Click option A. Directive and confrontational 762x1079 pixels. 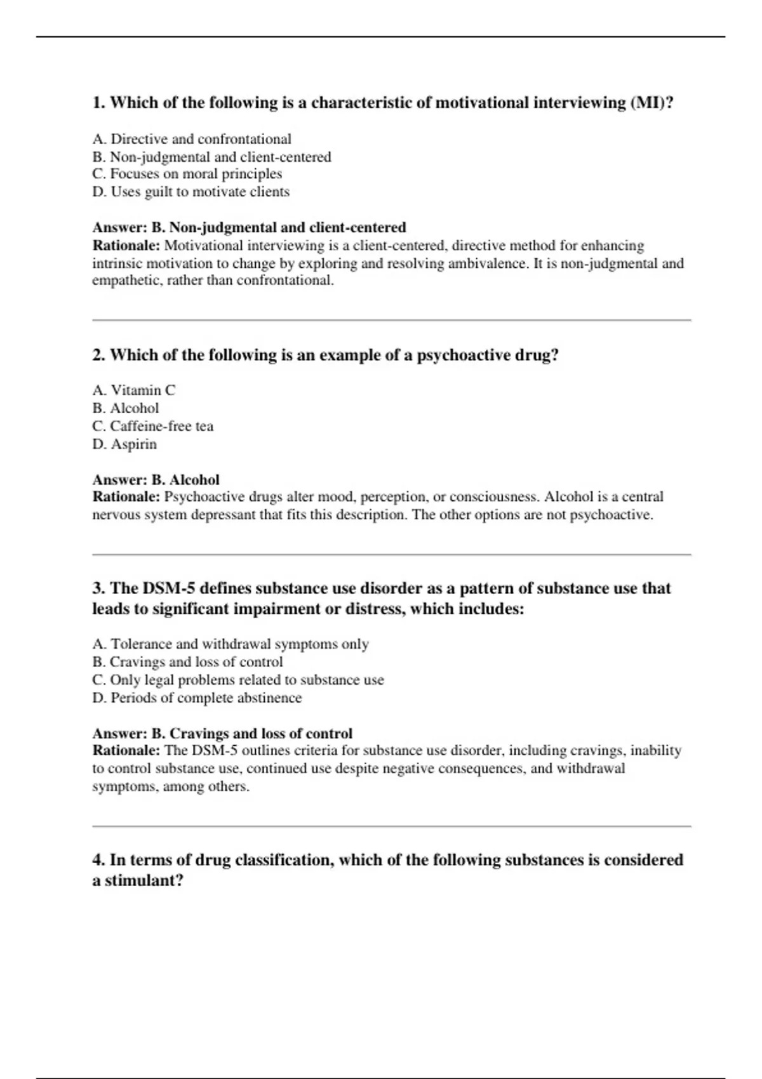(192, 139)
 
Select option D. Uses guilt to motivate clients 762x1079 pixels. (190, 192)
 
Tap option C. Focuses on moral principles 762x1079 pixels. (187, 174)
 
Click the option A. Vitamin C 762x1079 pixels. (133, 390)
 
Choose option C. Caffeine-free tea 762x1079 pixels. (152, 426)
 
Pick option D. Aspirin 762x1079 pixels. (124, 444)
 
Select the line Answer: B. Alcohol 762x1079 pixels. (156, 480)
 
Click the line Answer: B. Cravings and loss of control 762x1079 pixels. (222, 734)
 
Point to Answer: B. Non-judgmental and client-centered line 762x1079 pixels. (249, 227)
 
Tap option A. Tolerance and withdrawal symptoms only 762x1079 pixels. (230, 644)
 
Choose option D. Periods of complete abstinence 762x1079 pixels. (197, 698)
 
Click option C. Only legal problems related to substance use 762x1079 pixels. (237, 680)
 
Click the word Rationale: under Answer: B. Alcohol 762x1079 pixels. (126, 497)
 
